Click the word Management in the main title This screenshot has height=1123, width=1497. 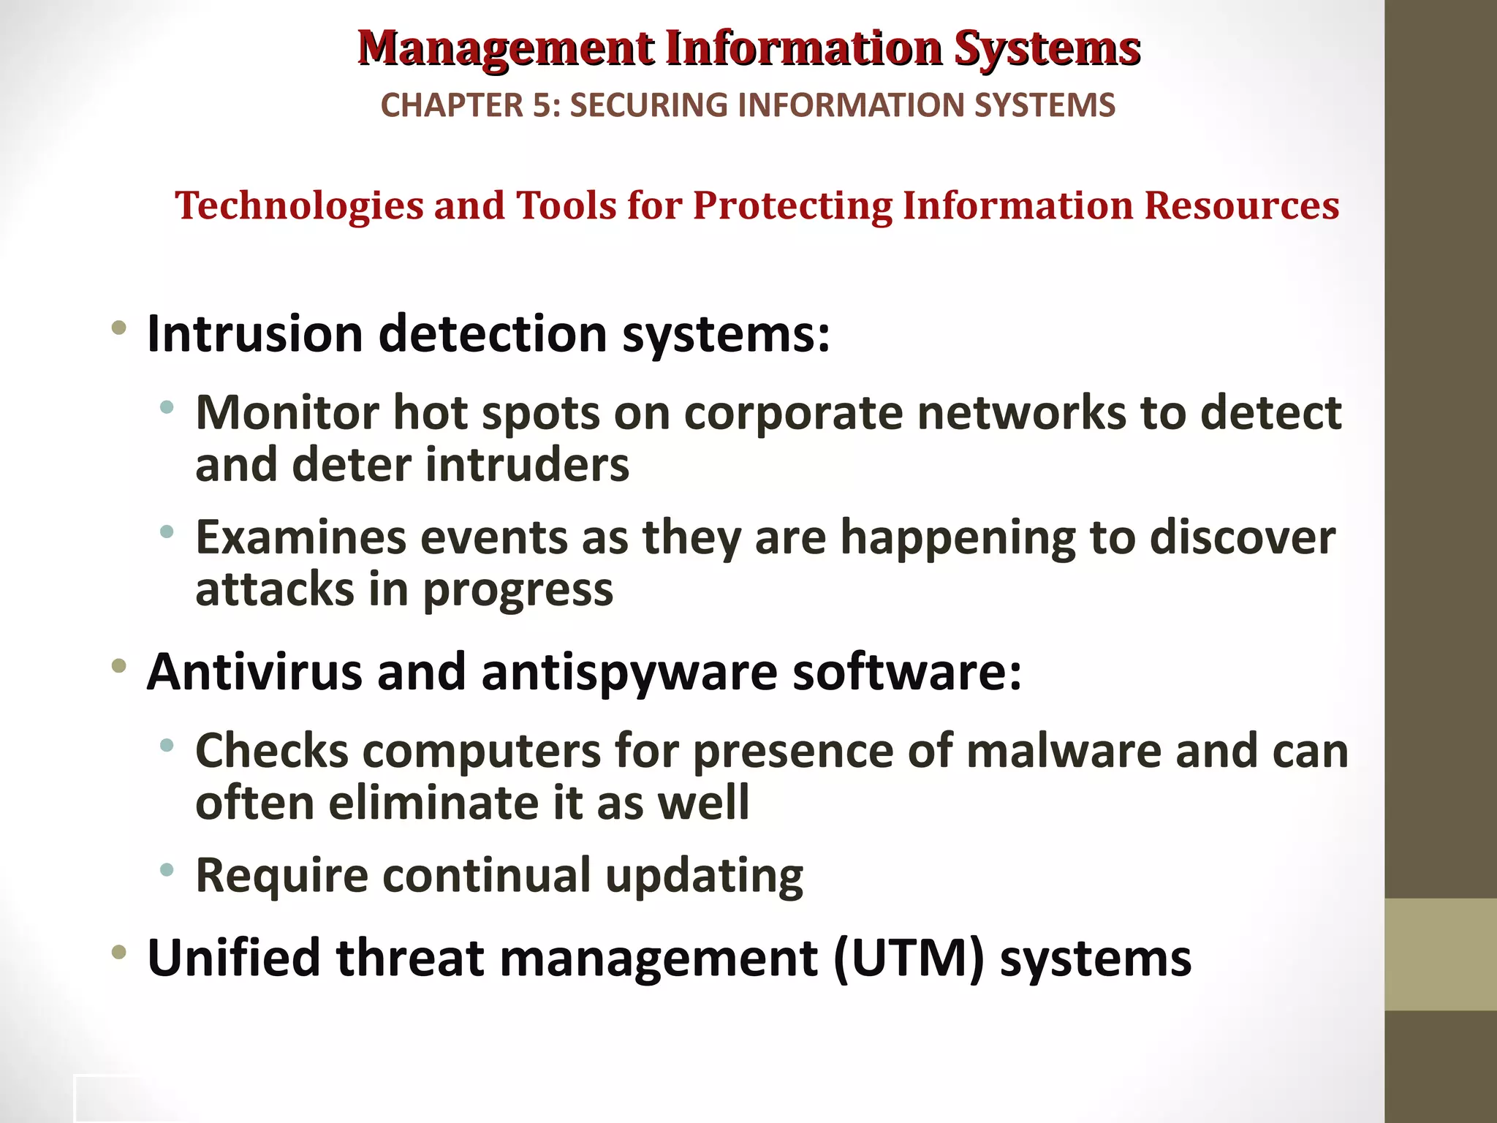[506, 50]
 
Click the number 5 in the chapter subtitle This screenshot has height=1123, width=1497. [542, 105]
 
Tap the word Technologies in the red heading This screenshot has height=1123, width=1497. [299, 205]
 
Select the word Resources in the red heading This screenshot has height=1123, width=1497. [1241, 205]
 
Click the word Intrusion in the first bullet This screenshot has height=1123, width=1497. [254, 334]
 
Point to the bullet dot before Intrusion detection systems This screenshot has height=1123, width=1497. [119, 328]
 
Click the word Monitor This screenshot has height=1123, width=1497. [287, 414]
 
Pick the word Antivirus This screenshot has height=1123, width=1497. [254, 672]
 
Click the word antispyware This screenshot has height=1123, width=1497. [629, 673]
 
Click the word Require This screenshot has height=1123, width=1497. [283, 876]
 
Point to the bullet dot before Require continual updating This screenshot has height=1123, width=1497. [167, 870]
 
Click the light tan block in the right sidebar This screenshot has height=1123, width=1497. [1440, 954]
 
